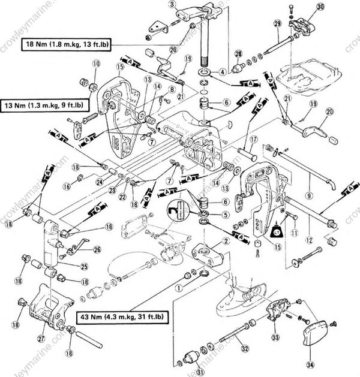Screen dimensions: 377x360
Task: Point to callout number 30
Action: (319, 7)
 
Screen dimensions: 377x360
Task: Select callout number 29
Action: (277, 23)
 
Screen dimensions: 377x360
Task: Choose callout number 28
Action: (238, 54)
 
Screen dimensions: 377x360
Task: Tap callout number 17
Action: (254, 139)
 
